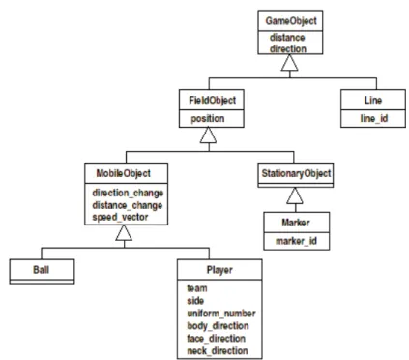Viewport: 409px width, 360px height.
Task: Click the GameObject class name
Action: (291, 21)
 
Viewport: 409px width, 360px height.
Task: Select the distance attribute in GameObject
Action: (287, 38)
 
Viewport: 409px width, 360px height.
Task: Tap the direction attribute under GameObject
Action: (288, 49)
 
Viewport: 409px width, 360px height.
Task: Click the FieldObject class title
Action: (212, 101)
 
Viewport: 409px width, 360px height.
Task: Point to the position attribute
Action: (208, 119)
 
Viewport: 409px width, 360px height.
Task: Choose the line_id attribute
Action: (374, 119)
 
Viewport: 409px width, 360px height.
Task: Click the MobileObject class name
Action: (124, 173)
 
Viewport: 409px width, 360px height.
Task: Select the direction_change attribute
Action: (128, 193)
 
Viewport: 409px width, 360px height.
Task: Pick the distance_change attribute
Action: (128, 205)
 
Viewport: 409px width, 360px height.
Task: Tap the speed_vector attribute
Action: (120, 217)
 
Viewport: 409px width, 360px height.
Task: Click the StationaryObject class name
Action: (296, 173)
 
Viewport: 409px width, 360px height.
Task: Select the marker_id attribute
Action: (296, 241)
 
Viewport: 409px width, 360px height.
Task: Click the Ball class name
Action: (42, 270)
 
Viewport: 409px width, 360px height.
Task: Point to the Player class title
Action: (219, 270)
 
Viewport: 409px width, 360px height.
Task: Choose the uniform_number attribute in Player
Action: (221, 314)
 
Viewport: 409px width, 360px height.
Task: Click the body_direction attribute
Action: (218, 326)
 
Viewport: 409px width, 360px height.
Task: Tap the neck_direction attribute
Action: (218, 350)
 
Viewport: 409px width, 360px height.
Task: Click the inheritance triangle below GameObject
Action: (289, 62)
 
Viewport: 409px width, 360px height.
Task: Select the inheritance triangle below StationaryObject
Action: (295, 195)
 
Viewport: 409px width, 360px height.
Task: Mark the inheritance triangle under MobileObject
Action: (124, 232)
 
